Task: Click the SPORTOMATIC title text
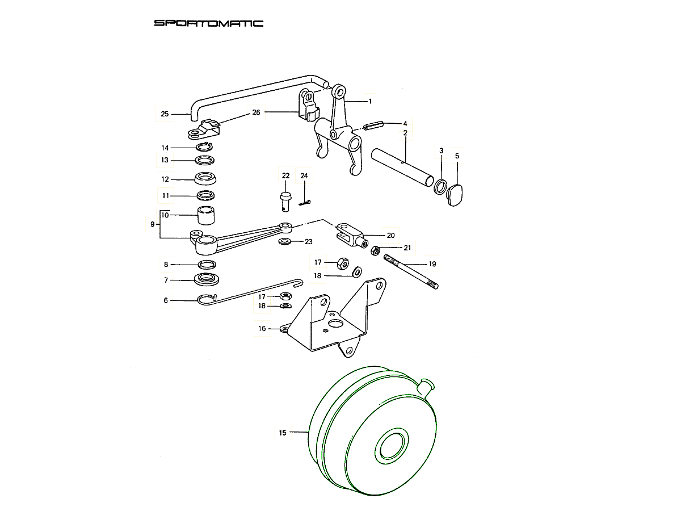pos(209,23)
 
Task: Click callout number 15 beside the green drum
pos(283,433)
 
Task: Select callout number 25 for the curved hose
pos(165,114)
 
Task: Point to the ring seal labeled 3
pos(440,186)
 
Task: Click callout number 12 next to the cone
pos(165,179)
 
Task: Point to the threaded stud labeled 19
pos(411,273)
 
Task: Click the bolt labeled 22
pos(285,199)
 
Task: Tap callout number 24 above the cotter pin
pos(304,176)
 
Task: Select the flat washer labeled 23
pos(285,242)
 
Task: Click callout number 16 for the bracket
pos(262,328)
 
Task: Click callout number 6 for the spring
pos(166,300)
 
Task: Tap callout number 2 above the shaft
pos(405,133)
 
